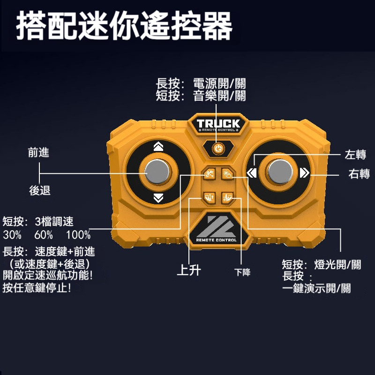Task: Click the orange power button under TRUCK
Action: tap(218, 149)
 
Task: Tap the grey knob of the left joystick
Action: tap(157, 172)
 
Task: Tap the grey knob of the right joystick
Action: tap(280, 172)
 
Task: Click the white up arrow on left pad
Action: tap(158, 146)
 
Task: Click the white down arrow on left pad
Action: tap(158, 198)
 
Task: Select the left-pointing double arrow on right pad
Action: tap(252, 172)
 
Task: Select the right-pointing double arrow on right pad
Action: tap(304, 172)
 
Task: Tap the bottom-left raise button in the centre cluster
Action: tap(209, 197)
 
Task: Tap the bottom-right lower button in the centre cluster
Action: tap(227, 197)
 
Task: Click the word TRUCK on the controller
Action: tap(218, 123)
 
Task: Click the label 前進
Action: tap(38, 152)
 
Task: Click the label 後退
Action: tap(40, 190)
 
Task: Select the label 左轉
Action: tap(355, 154)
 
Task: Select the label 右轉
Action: tap(359, 173)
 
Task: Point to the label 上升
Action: tap(189, 270)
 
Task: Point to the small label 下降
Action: tap(242, 272)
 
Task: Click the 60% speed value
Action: tap(44, 235)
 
